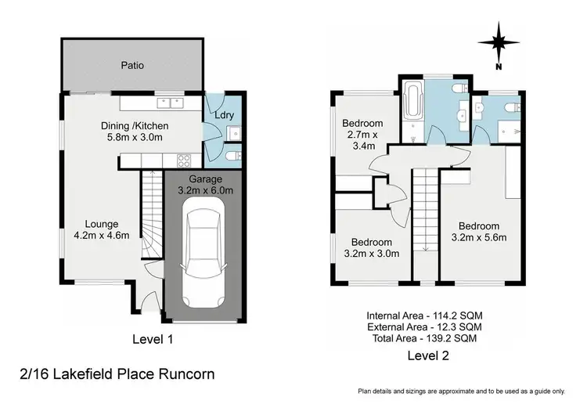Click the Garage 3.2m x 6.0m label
200,184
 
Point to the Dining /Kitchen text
134,126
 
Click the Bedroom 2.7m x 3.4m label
362,134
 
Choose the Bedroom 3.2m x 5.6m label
481,229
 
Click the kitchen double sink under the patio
169,103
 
